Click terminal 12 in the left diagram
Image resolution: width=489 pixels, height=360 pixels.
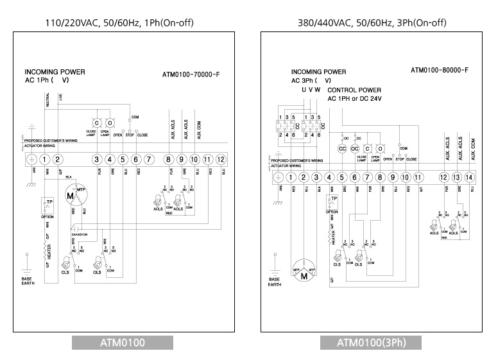221,159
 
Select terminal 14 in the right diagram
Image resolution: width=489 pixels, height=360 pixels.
469,177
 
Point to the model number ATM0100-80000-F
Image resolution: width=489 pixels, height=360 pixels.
440,70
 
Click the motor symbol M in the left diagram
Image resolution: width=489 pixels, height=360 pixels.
70,196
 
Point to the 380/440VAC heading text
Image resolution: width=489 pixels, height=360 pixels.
372,23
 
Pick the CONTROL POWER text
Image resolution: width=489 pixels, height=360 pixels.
354,90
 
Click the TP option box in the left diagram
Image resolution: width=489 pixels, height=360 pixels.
47,205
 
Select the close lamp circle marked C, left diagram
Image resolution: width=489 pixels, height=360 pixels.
97,123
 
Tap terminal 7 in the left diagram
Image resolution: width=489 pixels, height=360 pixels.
148,159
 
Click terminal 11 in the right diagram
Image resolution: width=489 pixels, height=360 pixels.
418,177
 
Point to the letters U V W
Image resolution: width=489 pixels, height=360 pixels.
311,90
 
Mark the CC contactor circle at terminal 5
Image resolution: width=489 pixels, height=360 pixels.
342,148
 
